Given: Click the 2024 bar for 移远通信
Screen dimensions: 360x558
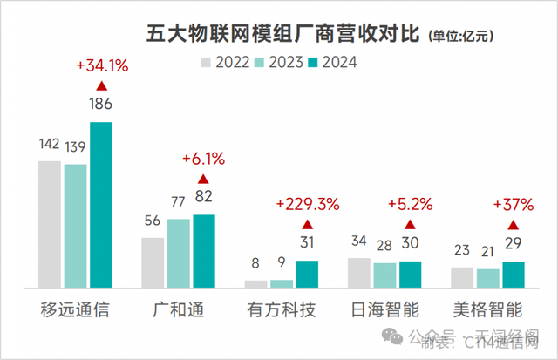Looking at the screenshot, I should coord(101,205).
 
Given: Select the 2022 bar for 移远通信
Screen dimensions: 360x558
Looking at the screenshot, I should coord(49,224).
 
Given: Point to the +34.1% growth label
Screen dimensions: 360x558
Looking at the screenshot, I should coord(102,65).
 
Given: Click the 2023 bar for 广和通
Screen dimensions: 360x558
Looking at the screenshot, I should coord(178,253).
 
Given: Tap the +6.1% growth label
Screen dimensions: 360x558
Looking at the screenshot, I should coord(203,159).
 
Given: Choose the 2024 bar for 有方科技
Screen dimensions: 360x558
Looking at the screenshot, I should coord(307,274).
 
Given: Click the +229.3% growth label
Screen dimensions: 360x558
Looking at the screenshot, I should coord(307,205).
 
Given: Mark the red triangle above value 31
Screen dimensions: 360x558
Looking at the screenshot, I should coord(307,224).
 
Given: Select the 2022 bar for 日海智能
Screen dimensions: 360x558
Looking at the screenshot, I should coord(358,272).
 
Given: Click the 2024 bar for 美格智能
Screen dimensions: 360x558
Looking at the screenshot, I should coord(514,274).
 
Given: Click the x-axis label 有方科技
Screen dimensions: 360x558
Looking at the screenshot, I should coord(281,309).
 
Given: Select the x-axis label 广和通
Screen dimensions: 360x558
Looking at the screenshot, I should coord(179,309).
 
